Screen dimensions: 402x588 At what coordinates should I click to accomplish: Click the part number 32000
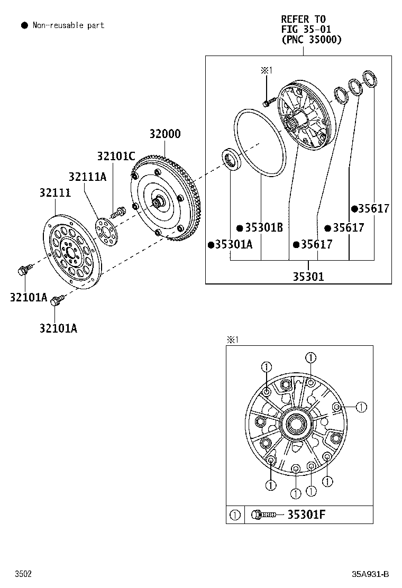click(x=165, y=134)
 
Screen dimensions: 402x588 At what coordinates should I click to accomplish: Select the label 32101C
click(x=116, y=155)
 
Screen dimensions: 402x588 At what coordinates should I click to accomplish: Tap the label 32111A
click(x=87, y=176)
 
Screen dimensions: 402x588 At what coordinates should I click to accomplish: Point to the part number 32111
click(x=55, y=192)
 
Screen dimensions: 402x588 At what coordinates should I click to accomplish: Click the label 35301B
click(x=264, y=227)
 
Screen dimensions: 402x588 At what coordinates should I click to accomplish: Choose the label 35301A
click(x=234, y=244)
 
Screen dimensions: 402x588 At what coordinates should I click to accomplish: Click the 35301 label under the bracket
click(x=308, y=277)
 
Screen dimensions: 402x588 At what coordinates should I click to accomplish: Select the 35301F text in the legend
click(x=306, y=514)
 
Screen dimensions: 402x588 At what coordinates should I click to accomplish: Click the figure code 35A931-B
click(x=370, y=574)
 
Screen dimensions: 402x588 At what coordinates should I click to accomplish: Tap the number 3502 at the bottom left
click(x=23, y=574)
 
